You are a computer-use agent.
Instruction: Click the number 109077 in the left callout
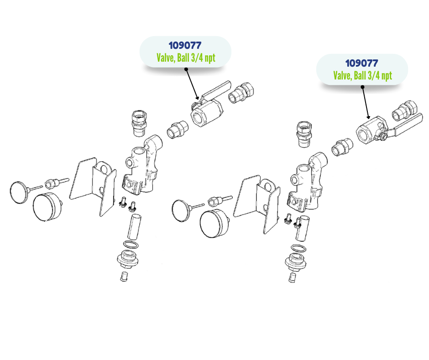[x=185, y=46]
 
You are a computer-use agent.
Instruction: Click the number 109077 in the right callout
[x=362, y=64]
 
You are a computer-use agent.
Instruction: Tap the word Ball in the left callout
[x=183, y=58]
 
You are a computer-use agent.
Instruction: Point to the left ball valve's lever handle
[x=216, y=90]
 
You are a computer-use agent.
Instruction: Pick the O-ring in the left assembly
[x=131, y=244]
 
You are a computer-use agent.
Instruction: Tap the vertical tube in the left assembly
[x=134, y=227]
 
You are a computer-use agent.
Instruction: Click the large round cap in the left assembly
[x=47, y=207]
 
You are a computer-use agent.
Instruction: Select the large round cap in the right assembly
[x=214, y=224]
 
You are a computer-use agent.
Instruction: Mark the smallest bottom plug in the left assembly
[x=124, y=276]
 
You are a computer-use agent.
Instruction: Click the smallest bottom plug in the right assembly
[x=292, y=277]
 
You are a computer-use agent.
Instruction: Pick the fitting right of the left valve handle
[x=241, y=93]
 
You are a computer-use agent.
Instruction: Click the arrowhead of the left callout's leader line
[x=198, y=98]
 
